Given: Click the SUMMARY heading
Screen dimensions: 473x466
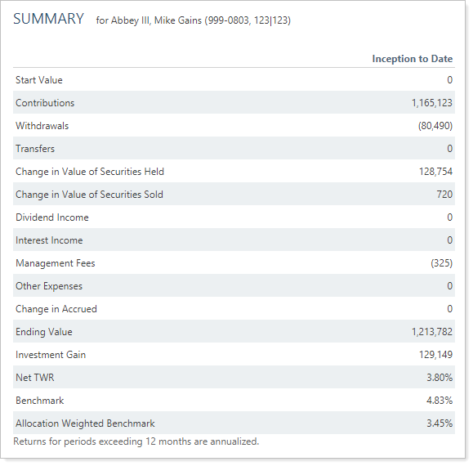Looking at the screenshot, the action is point(48,19).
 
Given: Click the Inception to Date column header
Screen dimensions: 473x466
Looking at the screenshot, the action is point(413,59).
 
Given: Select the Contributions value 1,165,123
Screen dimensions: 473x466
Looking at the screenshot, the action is point(432,103).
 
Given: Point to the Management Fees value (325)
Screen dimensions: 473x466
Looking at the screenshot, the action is point(442,263).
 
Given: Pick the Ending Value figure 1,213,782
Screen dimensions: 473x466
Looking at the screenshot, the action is point(432,332).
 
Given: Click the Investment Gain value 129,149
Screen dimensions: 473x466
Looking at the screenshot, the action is point(435,355).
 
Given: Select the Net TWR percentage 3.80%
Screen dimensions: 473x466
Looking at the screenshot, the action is point(440,378).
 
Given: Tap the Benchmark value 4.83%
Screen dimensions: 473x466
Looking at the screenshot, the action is point(440,401).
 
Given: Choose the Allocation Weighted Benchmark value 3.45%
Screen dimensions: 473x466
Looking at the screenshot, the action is point(440,423).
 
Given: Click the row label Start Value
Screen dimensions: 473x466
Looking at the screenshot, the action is point(39,80).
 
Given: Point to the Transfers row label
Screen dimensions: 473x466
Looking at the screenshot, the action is point(35,149).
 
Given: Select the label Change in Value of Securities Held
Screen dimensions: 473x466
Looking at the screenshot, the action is point(90,172).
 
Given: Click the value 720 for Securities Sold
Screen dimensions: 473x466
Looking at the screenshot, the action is point(444,195).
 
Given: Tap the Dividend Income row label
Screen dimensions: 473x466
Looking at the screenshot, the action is point(52,217).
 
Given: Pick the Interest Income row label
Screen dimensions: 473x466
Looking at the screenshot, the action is point(49,240).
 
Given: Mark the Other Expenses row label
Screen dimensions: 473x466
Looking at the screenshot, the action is point(49,286).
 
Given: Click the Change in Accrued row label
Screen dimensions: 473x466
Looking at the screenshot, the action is point(56,309).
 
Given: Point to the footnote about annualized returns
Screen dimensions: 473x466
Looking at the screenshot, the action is point(136,441).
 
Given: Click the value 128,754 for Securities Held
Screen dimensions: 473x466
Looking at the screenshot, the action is point(435,172).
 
